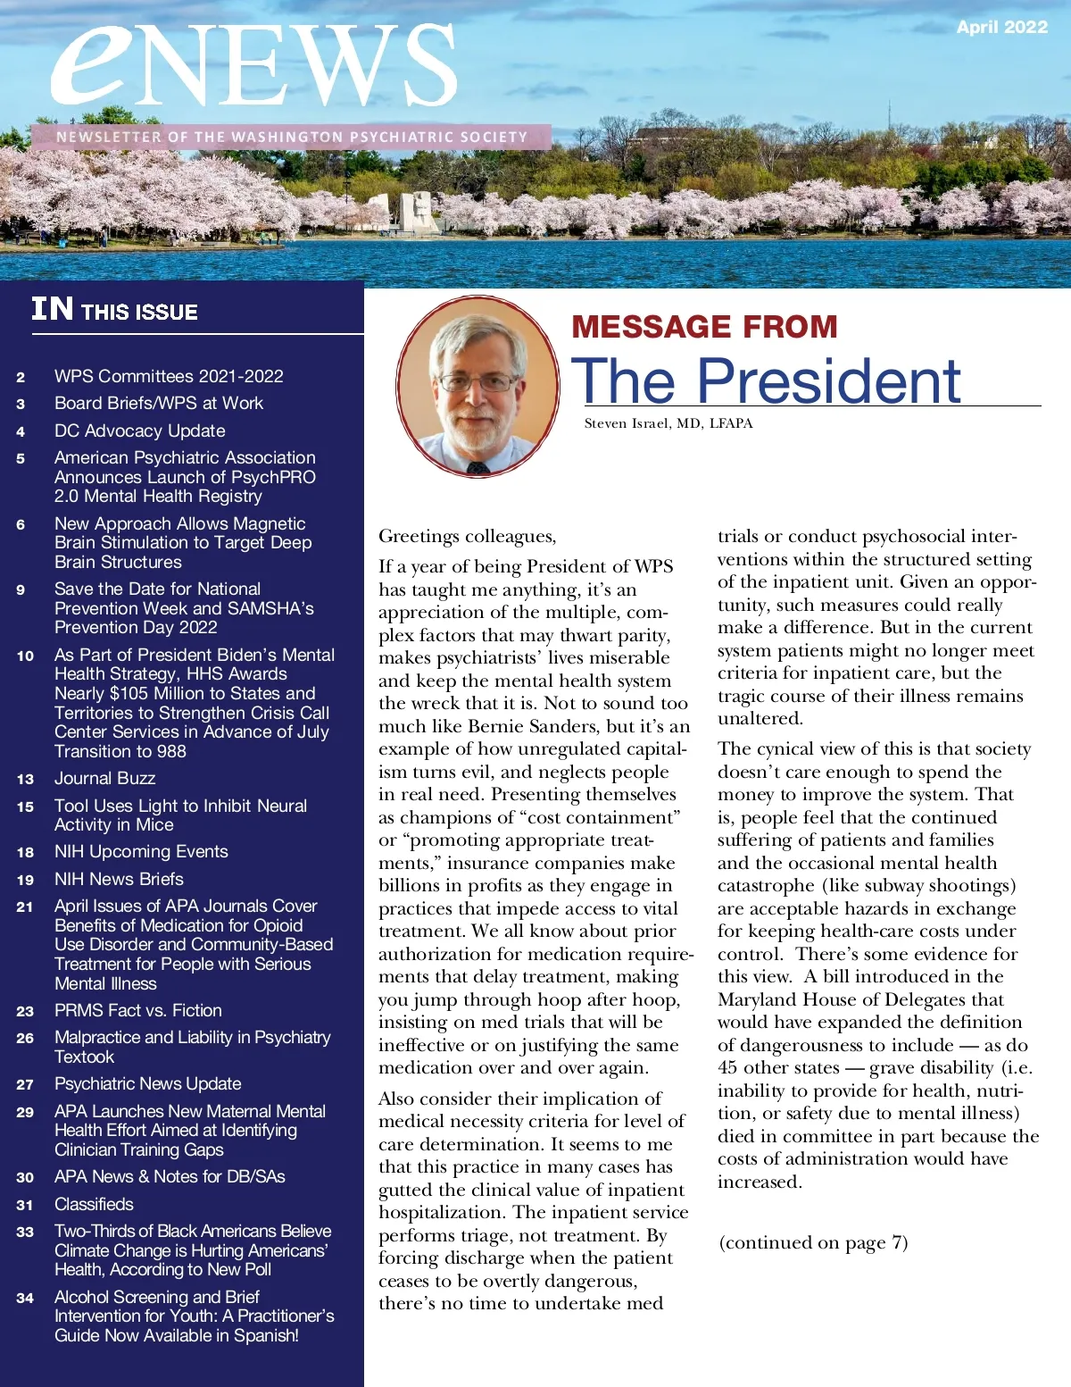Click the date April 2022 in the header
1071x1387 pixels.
(x=1001, y=28)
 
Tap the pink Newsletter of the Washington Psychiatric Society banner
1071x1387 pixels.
(x=291, y=137)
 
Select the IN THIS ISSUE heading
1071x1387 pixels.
(x=114, y=310)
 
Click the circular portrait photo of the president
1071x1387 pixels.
(x=477, y=385)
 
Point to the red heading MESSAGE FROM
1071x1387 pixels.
(x=704, y=327)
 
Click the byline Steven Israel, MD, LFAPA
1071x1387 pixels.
(x=668, y=423)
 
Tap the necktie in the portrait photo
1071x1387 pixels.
(x=478, y=466)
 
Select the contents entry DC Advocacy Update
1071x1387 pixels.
(x=139, y=430)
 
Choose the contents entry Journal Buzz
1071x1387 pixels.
(x=104, y=779)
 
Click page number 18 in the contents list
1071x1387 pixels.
(x=25, y=853)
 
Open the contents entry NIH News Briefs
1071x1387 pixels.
(x=119, y=879)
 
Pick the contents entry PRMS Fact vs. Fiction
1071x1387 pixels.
(x=138, y=1010)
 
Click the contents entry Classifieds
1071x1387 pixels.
(x=94, y=1204)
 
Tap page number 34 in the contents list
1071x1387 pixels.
(x=25, y=1298)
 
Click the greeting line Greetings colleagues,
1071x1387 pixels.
(x=467, y=536)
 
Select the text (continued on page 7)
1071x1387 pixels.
(x=813, y=1242)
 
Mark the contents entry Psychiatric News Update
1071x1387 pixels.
(x=147, y=1083)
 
